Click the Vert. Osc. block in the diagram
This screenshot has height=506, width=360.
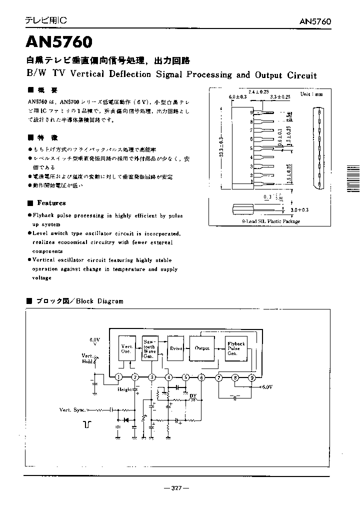(126, 348)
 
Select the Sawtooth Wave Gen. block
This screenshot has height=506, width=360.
(149, 348)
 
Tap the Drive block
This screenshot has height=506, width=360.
(176, 348)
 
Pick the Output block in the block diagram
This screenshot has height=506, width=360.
(201, 348)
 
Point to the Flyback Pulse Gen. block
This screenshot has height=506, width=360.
(235, 348)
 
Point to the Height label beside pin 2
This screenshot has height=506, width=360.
(125, 389)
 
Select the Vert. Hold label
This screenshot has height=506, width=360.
(87, 358)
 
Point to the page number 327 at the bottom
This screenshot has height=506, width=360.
(176, 487)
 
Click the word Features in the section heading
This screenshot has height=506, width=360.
(51, 203)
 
